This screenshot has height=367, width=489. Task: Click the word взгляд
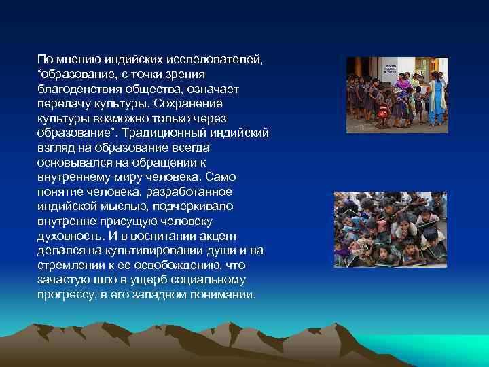coord(56,147)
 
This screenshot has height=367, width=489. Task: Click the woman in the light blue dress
coord(436,99)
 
